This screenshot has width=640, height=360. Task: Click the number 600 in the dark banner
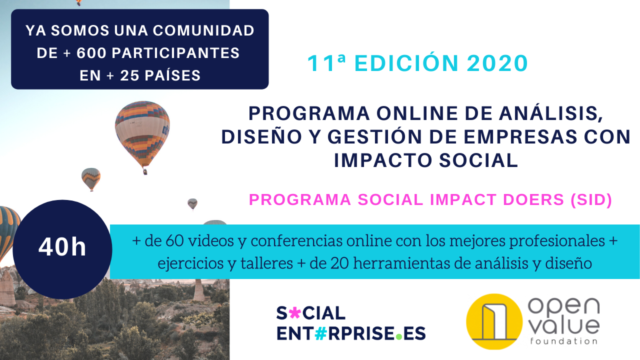click(91, 53)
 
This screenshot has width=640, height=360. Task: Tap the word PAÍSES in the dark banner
click(172, 75)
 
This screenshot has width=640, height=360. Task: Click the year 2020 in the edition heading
click(497, 63)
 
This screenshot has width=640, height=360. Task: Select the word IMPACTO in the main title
click(383, 160)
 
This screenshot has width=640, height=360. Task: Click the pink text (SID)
click(591, 199)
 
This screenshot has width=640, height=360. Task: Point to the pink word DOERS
click(533, 199)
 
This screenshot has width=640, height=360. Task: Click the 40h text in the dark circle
click(62, 247)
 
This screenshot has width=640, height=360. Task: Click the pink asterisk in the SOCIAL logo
click(295, 313)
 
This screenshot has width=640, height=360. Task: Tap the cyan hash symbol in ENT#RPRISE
click(320, 333)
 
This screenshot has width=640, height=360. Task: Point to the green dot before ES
click(399, 336)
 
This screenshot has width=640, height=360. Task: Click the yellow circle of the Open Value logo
click(494, 321)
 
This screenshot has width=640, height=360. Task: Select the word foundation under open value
click(563, 341)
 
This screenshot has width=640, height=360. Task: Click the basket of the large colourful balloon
click(145, 171)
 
